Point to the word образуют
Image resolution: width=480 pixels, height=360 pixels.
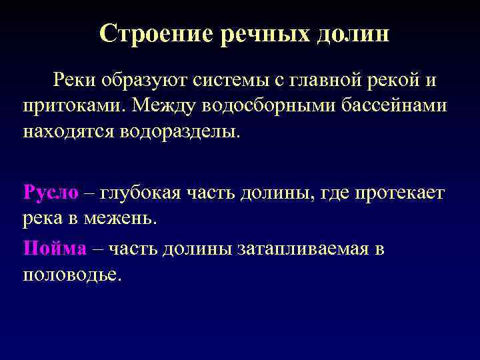pyautogui.click(x=139, y=81)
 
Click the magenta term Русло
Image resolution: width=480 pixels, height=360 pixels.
pyautogui.click(x=51, y=193)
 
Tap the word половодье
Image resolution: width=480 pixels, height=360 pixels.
pyautogui.click(x=73, y=274)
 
